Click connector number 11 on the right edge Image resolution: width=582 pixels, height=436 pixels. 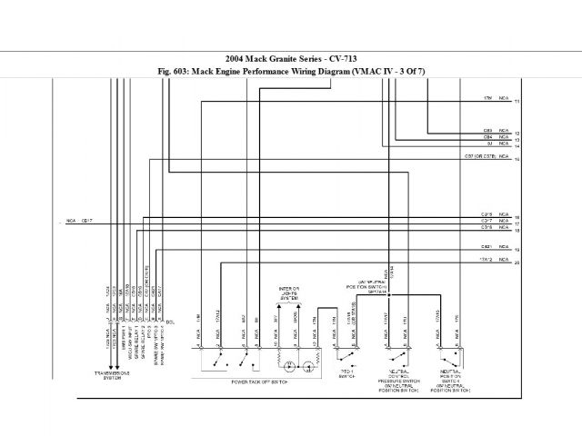[517, 100]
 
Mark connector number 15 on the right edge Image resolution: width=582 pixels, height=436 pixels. [517, 161]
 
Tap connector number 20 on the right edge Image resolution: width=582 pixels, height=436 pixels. [517, 263]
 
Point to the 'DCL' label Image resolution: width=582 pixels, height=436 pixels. [170, 320]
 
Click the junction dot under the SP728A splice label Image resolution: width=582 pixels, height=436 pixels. [388, 294]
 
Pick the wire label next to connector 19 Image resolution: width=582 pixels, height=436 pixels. [487, 246]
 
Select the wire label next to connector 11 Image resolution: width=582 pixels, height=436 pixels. [488, 97]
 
